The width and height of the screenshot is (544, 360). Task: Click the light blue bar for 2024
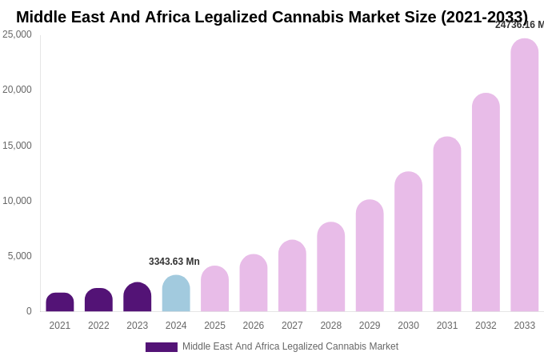tap(176, 294)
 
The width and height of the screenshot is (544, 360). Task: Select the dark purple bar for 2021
tap(60, 302)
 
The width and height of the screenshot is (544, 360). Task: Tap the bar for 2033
tap(525, 175)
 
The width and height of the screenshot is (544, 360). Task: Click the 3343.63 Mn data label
tap(174, 262)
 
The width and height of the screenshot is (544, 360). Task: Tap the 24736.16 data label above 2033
tap(519, 25)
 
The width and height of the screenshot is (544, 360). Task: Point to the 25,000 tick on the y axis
tap(18, 34)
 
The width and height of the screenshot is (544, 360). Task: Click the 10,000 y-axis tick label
tap(18, 201)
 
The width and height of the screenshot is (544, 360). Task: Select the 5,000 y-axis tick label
tap(20, 256)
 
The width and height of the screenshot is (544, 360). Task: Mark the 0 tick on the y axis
tap(29, 311)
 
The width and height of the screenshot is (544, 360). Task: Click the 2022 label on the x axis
tap(98, 326)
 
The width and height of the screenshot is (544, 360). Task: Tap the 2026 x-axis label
tap(254, 326)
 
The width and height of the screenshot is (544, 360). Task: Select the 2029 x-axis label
tap(370, 326)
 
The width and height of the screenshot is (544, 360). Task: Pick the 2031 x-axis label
tap(447, 326)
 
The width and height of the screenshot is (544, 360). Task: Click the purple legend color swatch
tap(162, 347)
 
